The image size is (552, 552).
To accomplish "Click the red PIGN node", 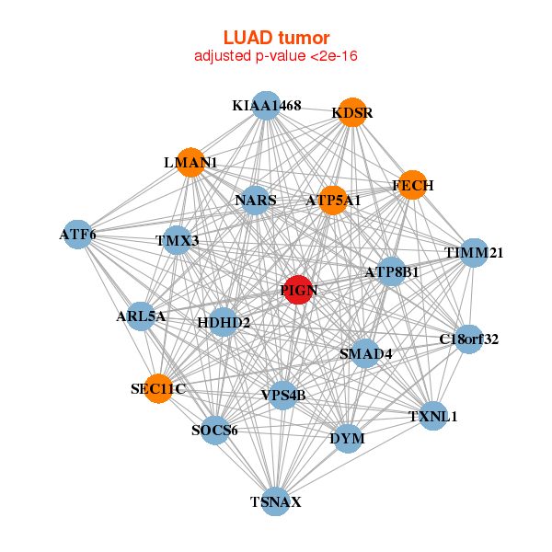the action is pyautogui.click(x=297, y=290).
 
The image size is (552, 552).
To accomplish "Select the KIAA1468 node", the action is pyautogui.click(x=265, y=106).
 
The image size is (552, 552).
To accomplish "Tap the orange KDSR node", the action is pyautogui.click(x=352, y=113).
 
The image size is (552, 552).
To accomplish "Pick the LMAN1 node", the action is pyautogui.click(x=190, y=163).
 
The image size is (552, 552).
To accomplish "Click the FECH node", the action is pyautogui.click(x=412, y=185).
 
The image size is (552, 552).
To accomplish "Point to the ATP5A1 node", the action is pyautogui.click(x=333, y=200).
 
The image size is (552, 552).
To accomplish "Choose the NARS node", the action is pyautogui.click(x=255, y=200).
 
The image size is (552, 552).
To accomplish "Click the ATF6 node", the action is pyautogui.click(x=77, y=235).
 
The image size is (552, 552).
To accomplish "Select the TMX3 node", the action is pyautogui.click(x=177, y=241).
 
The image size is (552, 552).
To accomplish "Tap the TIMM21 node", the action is pyautogui.click(x=473, y=252).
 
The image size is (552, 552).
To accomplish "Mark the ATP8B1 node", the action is pyautogui.click(x=392, y=272).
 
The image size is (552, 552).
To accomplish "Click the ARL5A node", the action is pyautogui.click(x=141, y=316).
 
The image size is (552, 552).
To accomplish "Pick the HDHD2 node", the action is pyautogui.click(x=224, y=322).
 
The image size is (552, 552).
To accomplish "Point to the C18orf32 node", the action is pyautogui.click(x=468, y=339).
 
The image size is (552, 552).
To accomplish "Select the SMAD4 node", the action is pyautogui.click(x=365, y=353).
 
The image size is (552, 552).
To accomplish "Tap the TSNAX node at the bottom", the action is pyautogui.click(x=275, y=501).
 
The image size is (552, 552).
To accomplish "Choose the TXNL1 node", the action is pyautogui.click(x=432, y=416).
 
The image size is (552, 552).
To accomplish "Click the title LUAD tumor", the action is pyautogui.click(x=276, y=38).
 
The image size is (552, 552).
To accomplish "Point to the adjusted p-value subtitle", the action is pyautogui.click(x=276, y=56).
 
